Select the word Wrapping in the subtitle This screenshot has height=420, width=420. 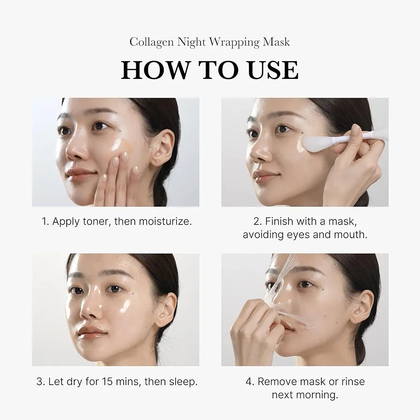(x=234, y=42)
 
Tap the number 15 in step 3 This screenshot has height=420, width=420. (x=108, y=381)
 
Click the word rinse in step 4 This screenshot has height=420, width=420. (x=350, y=381)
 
